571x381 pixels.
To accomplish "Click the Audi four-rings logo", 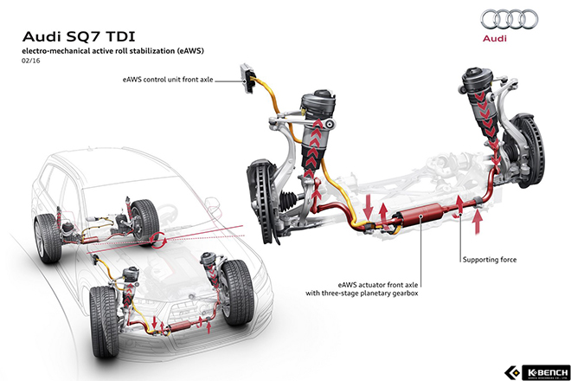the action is click(509, 19).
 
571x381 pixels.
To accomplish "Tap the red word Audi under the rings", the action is click(495, 38).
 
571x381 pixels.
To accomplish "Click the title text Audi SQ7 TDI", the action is click(79, 37).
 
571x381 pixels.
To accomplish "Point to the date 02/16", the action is click(30, 61).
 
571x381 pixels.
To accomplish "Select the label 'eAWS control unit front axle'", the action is click(168, 80).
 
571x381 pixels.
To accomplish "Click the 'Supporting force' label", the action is click(490, 260).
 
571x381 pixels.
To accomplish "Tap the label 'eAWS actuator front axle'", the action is click(378, 284).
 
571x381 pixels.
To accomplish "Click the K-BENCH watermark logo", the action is click(537, 371).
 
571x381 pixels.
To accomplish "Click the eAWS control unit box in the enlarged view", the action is click(247, 78).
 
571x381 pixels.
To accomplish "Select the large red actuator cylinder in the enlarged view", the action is click(420, 215).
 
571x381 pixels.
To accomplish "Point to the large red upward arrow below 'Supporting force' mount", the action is click(478, 221).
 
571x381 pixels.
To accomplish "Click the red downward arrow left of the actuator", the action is click(369, 207).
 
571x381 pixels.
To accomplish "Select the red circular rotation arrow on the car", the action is click(158, 240).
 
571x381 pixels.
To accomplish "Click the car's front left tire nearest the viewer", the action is click(104, 321).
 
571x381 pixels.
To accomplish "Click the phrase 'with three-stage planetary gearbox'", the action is click(362, 294).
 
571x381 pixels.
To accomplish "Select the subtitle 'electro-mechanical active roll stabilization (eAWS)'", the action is click(112, 51).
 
